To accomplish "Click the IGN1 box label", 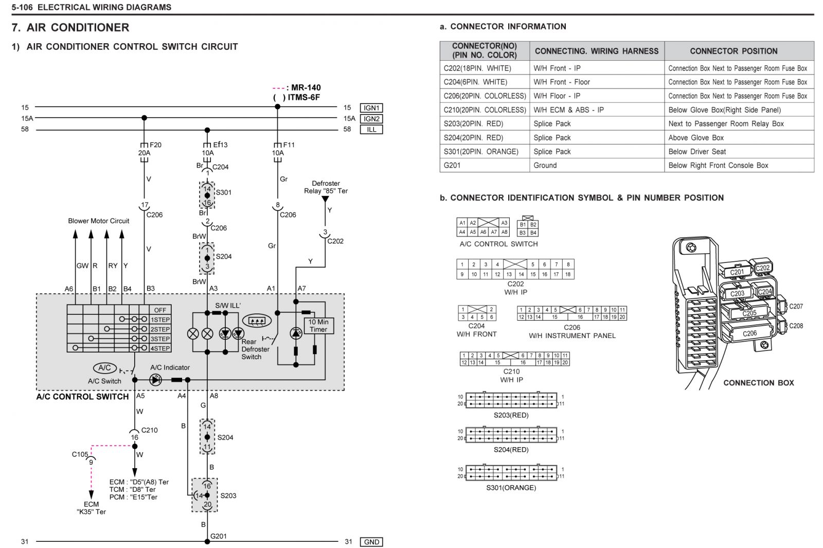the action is point(371,108).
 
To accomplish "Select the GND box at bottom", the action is point(371,542).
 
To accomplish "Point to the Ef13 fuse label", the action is point(220,145).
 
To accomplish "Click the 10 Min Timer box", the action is point(318,326).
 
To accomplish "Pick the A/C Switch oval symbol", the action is point(105,367).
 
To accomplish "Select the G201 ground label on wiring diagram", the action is point(218,536).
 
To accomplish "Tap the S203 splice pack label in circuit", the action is point(228,496).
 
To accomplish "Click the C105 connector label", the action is point(80,454).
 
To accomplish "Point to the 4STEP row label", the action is point(160,348).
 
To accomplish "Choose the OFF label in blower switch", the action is point(160,310).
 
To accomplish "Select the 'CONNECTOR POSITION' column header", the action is point(733,51).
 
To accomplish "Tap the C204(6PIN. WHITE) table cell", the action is point(475,82).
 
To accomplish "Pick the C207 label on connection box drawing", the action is point(796,306).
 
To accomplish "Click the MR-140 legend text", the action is point(306,87).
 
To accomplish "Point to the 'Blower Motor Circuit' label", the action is point(98,221).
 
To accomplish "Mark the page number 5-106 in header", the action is point(22,7).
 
